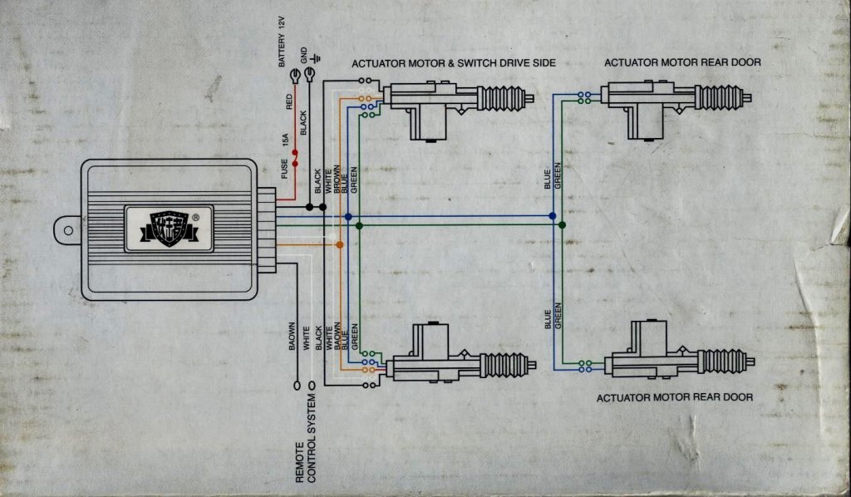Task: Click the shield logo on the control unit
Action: pyautogui.click(x=167, y=228)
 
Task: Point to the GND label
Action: pyautogui.click(x=304, y=56)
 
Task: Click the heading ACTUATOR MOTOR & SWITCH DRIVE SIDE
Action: pyautogui.click(x=453, y=63)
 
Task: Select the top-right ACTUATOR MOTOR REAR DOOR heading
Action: pyautogui.click(x=682, y=62)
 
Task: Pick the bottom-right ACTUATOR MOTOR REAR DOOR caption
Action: pyautogui.click(x=675, y=397)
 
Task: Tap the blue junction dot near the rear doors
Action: pyautogui.click(x=553, y=216)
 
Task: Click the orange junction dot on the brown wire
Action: pyautogui.click(x=339, y=244)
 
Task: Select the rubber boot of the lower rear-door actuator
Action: pyautogui.click(x=721, y=362)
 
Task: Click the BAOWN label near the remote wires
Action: pyautogui.click(x=292, y=336)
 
